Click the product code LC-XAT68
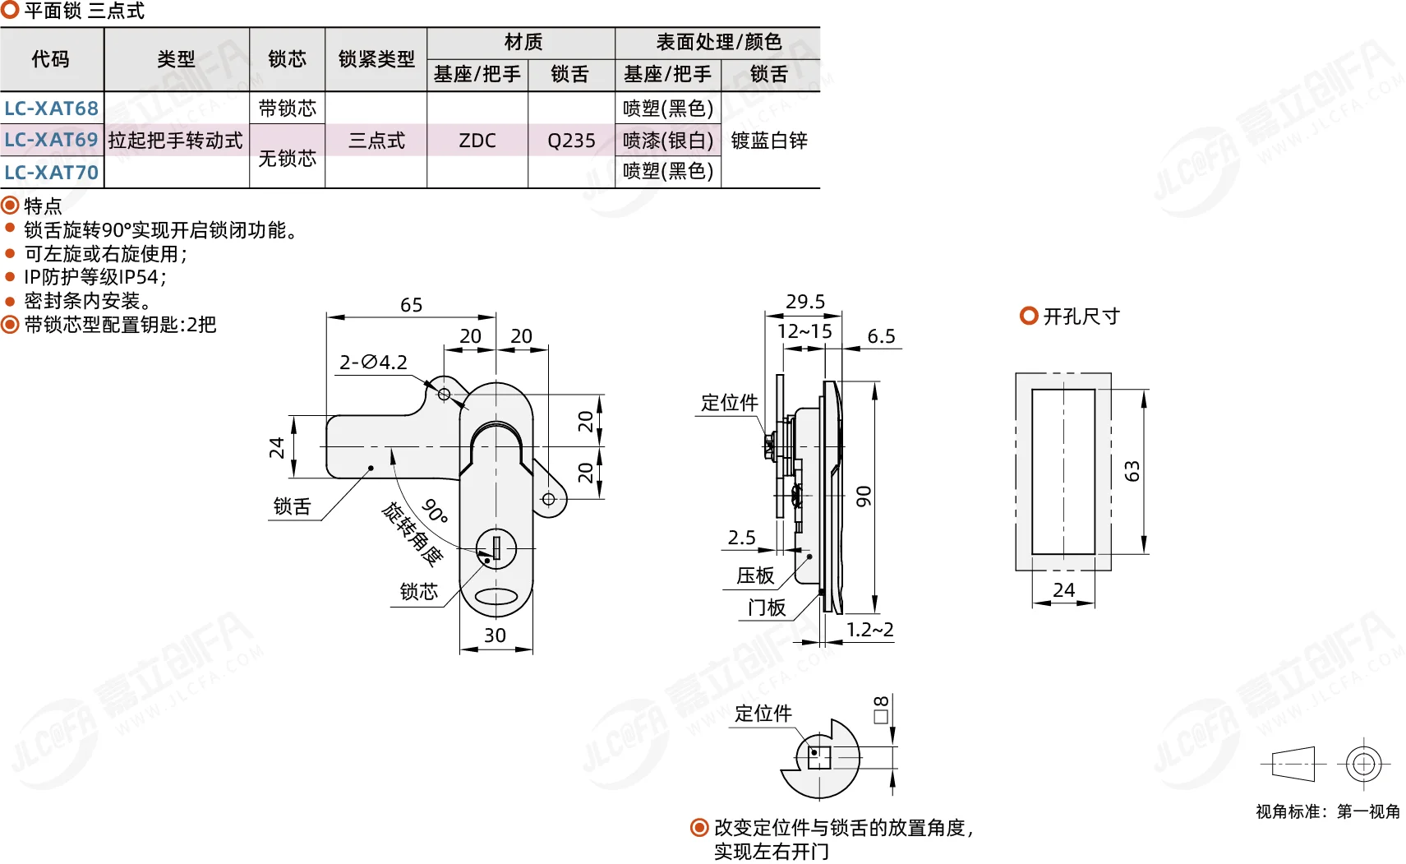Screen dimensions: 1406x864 click(52, 108)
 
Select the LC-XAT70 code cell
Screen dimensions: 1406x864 click(52, 172)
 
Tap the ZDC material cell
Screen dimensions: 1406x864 click(477, 140)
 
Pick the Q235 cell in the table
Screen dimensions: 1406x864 click(570, 140)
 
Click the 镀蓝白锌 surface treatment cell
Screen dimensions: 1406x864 click(769, 140)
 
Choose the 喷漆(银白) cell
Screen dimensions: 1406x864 click(668, 140)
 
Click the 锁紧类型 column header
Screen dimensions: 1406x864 click(376, 59)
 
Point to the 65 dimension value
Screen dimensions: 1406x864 click(411, 305)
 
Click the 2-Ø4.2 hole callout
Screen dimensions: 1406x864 click(373, 363)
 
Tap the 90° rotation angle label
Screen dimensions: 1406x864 click(435, 511)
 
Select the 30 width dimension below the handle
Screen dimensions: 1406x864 click(495, 635)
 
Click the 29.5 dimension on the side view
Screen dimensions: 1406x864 click(805, 302)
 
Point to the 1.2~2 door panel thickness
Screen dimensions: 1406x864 click(869, 629)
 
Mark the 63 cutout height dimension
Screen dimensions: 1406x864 click(1132, 471)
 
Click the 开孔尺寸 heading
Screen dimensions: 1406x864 click(1081, 316)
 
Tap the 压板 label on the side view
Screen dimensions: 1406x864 click(755, 575)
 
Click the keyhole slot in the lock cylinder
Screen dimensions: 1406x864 click(496, 548)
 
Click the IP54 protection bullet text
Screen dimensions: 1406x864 click(95, 277)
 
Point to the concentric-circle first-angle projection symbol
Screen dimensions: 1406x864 click(1363, 765)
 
